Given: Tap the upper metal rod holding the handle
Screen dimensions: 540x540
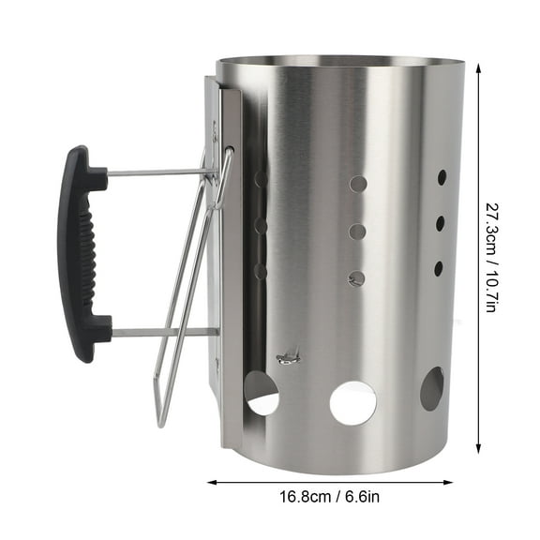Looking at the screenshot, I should pyautogui.click(x=155, y=172).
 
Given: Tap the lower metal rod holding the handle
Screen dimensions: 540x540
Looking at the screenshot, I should pyautogui.click(x=159, y=331).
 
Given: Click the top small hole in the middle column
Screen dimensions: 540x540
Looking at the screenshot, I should pyautogui.click(x=358, y=184).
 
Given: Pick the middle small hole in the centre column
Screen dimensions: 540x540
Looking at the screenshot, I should pyautogui.click(x=357, y=231).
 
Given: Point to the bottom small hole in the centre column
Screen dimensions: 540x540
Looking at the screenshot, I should pyautogui.click(x=357, y=277).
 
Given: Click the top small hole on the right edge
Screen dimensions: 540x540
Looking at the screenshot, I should pyautogui.click(x=442, y=176).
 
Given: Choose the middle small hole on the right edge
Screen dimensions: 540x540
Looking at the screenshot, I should pyautogui.click(x=440, y=222).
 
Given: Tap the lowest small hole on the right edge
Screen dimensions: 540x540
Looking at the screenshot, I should pyautogui.click(x=438, y=268).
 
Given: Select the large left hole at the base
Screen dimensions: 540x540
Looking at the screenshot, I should pyautogui.click(x=262, y=394).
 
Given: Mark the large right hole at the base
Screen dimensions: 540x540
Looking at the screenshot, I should pyautogui.click(x=431, y=388).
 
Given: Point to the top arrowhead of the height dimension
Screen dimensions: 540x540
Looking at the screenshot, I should pyautogui.click(x=480, y=68).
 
